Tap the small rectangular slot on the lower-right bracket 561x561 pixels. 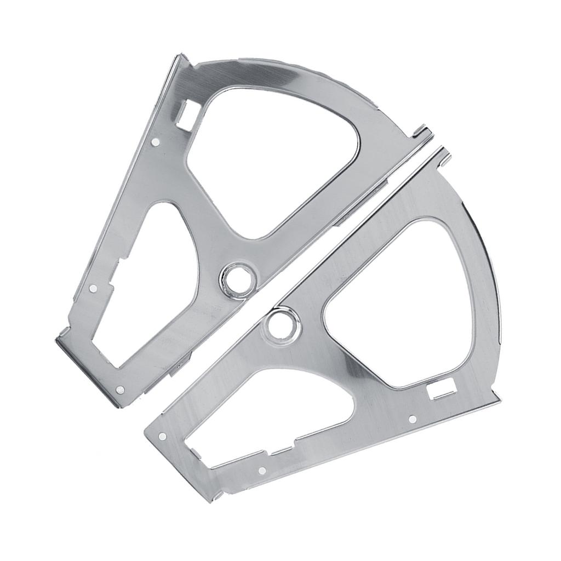click(x=442, y=390)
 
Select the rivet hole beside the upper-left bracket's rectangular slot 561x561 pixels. click(x=155, y=142)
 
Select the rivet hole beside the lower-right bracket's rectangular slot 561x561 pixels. click(x=412, y=419)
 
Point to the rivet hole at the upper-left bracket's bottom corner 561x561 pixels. click(x=121, y=390)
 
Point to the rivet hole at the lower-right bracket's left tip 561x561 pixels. click(x=162, y=437)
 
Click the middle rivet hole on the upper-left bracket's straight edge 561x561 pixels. click(x=93, y=287)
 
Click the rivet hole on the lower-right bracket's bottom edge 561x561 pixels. click(x=261, y=470)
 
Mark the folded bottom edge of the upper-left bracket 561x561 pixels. click(x=88, y=373)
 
